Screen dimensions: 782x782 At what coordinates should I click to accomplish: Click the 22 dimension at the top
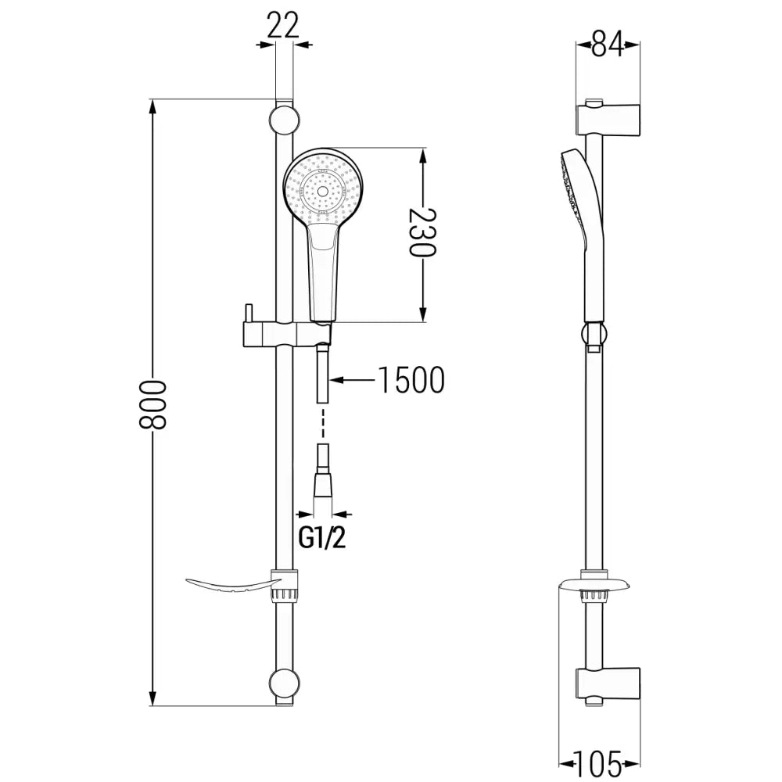point(283,26)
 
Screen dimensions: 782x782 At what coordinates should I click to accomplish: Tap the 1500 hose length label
point(411,381)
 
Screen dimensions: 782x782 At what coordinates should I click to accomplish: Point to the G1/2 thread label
point(322,539)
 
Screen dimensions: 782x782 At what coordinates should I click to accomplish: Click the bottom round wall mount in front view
point(284,683)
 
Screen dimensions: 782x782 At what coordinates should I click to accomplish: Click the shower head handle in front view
point(323,270)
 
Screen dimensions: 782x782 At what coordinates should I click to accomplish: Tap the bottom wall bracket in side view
point(610,683)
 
